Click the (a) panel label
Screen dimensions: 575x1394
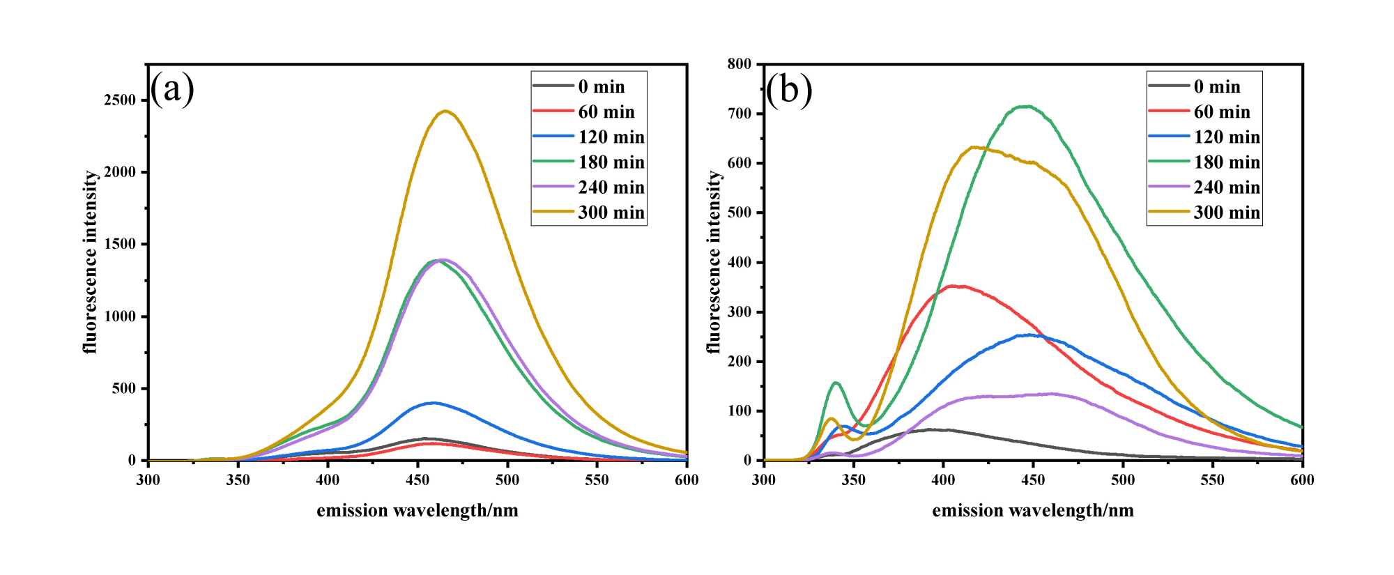coord(172,89)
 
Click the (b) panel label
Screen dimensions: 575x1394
coord(788,89)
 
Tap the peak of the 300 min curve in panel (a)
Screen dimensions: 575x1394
coord(445,111)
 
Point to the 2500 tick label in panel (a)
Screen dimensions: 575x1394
coord(120,100)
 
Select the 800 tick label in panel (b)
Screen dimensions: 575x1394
coord(740,64)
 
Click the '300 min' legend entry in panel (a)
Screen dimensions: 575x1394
coord(589,213)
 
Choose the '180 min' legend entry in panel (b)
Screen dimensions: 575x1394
coord(1204,162)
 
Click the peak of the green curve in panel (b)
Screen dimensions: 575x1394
coord(1026,106)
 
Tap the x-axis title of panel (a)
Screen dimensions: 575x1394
coord(417,511)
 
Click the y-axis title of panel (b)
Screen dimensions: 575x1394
coord(714,262)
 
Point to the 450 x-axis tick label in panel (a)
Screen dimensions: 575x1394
coord(418,480)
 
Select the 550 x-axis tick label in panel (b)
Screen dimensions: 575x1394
coord(1213,480)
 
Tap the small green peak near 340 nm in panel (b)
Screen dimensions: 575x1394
coord(836,382)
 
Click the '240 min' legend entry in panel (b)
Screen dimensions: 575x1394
coord(1204,187)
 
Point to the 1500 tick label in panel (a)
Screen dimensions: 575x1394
coord(120,245)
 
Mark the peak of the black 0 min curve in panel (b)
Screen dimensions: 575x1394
coord(930,429)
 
